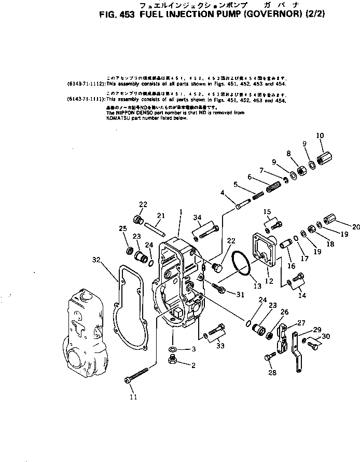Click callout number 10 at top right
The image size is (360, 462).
coord(320,135)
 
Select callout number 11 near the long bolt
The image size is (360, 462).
coord(133,397)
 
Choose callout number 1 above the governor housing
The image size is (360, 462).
coord(181,212)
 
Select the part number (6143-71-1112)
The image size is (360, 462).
coord(86,83)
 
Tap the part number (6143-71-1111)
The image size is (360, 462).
coord(86,98)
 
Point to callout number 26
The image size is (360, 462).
coord(284,312)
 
